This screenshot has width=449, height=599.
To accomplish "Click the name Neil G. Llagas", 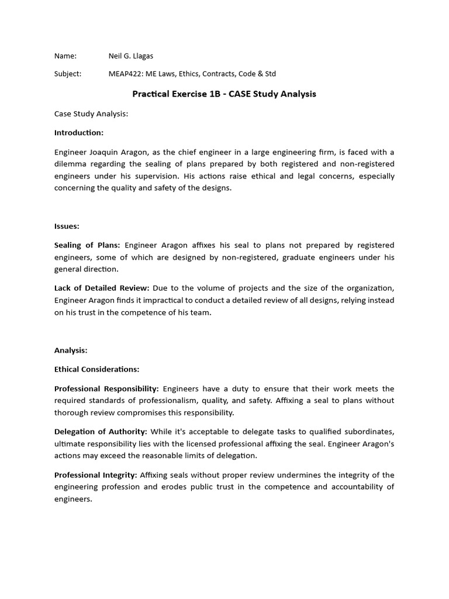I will coord(131,56).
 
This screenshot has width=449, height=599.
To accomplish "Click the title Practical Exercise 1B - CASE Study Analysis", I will coord(224,94).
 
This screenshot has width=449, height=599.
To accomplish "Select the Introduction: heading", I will coord(79,133).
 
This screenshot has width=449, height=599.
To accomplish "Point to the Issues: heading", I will coord(67,225).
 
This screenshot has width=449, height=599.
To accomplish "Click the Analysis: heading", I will coord(71,350).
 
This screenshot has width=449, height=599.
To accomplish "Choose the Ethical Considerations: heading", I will coord(97,369).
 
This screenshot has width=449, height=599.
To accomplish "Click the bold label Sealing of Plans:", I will coord(87,245).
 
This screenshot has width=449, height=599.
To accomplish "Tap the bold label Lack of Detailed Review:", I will coord(102,287).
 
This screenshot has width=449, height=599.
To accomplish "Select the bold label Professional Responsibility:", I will coord(106,388).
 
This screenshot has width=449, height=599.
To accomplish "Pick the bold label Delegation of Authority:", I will coord(101,432).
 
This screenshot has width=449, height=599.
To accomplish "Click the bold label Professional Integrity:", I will coord(96,474).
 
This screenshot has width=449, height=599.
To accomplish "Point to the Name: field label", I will coord(65,56).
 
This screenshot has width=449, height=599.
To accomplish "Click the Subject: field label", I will coord(68,74).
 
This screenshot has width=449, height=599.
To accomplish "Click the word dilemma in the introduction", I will coord(71,164).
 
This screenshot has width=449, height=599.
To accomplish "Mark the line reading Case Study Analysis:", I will coord(91,113).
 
